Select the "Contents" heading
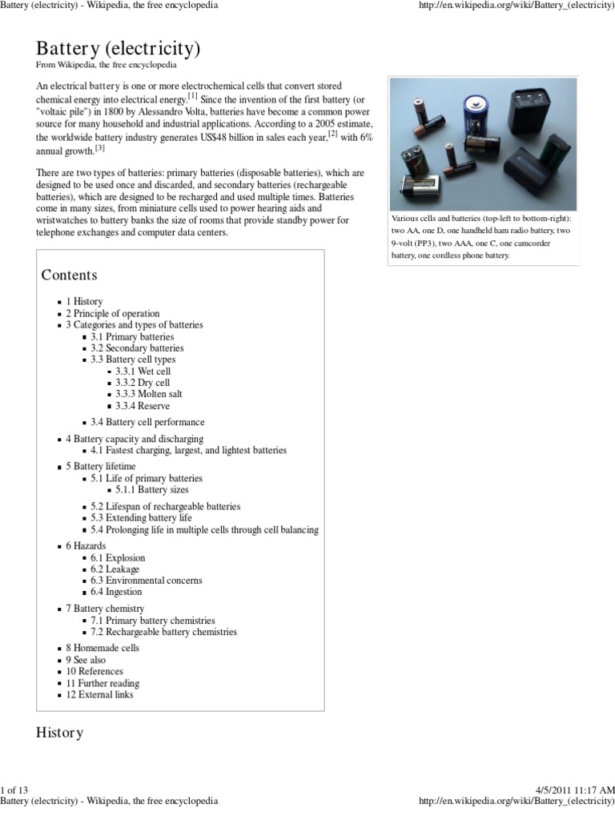pyautogui.click(x=69, y=275)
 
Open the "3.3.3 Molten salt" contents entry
pyautogui.click(x=143, y=395)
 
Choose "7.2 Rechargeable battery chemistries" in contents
pyautogui.click(x=164, y=632)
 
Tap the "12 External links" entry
pyautogui.click(x=99, y=694)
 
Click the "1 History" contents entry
pyautogui.click(x=84, y=302)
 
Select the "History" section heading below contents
pyautogui.click(x=60, y=733)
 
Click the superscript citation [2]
pyautogui.click(x=333, y=134)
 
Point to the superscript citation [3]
pyautogui.click(x=100, y=148)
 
